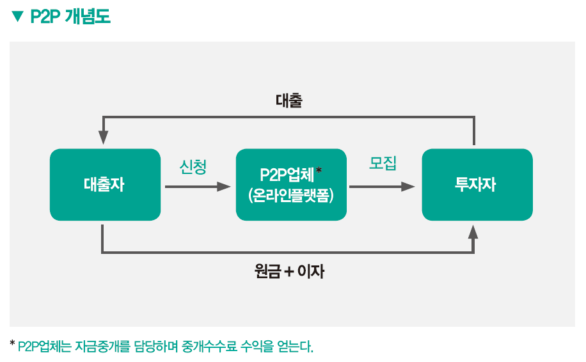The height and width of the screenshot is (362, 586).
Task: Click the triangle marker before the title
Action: point(17,17)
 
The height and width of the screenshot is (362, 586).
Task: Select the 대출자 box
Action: point(105,185)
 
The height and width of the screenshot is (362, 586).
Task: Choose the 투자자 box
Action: point(477,185)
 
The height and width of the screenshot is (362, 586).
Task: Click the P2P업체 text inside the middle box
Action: point(287,175)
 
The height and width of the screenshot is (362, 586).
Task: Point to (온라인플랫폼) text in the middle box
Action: point(290,195)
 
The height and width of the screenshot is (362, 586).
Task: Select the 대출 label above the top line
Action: point(289,100)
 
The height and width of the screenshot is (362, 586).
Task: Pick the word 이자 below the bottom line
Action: point(312,272)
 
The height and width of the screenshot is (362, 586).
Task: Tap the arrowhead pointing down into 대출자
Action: point(103,138)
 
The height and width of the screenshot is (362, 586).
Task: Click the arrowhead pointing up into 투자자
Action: point(473,232)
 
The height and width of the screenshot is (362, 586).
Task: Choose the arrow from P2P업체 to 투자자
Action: point(382,187)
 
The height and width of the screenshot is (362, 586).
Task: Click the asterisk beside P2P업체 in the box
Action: point(319,170)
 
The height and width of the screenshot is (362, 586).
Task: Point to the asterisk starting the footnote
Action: point(12,344)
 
